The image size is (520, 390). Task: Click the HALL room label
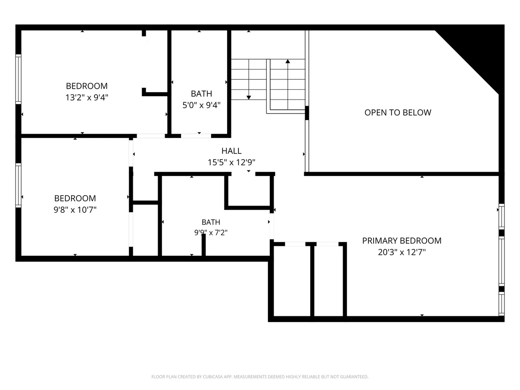(231, 151)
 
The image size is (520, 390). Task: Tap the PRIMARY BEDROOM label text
(402, 241)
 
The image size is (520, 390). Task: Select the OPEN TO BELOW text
(398, 113)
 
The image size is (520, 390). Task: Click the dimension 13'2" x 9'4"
(87, 98)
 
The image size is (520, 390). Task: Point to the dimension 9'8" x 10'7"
(75, 210)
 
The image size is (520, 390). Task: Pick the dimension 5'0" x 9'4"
(201, 105)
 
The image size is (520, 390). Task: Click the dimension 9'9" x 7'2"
(211, 232)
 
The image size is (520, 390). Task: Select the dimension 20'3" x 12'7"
(402, 252)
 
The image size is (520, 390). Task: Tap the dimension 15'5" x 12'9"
(231, 162)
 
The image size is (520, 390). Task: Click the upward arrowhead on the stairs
(288, 61)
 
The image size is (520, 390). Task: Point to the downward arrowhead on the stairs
(249, 98)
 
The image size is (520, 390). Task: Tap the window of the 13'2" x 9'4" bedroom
(19, 79)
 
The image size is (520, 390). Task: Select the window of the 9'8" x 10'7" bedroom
(19, 186)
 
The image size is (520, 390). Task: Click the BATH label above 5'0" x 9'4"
(201, 94)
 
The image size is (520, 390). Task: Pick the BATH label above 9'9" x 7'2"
(211, 222)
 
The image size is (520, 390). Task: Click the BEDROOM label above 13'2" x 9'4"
(87, 86)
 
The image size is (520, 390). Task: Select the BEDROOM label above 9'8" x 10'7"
(75, 199)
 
